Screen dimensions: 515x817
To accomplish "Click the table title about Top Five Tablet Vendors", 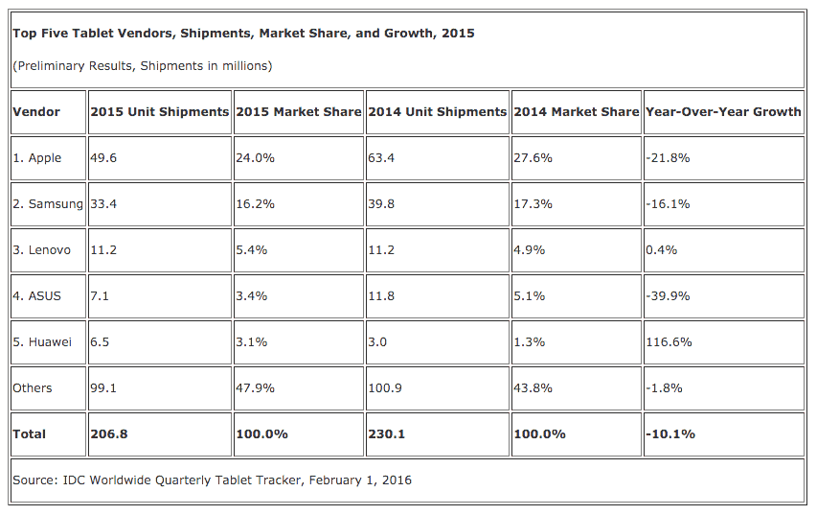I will coord(243,34).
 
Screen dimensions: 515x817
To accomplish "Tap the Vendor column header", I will coord(36,112).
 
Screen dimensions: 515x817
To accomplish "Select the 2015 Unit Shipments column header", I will coord(159,112).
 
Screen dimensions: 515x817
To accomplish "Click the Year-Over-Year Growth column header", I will coord(723,112).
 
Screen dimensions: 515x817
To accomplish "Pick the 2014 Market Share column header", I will coord(576,112).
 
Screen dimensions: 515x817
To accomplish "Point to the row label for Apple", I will coord(37,158).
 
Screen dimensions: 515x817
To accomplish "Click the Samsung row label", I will coord(48,204).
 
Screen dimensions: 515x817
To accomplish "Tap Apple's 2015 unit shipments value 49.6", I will coord(103,158).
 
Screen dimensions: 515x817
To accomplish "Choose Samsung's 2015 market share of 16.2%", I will coord(255,204).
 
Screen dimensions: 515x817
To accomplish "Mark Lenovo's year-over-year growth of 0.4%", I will coord(662,250).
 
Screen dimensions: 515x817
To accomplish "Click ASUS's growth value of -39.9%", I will coord(669,296).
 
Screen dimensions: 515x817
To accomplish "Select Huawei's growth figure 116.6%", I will coord(669,342).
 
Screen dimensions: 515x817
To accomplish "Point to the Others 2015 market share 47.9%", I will coord(255,388).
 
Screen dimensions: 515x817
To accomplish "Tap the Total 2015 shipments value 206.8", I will coord(108,434).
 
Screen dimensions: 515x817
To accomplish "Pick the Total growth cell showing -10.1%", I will coord(670,434).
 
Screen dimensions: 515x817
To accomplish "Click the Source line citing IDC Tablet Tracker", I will coord(212,480).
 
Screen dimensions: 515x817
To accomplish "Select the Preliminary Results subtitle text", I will coord(142,66).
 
